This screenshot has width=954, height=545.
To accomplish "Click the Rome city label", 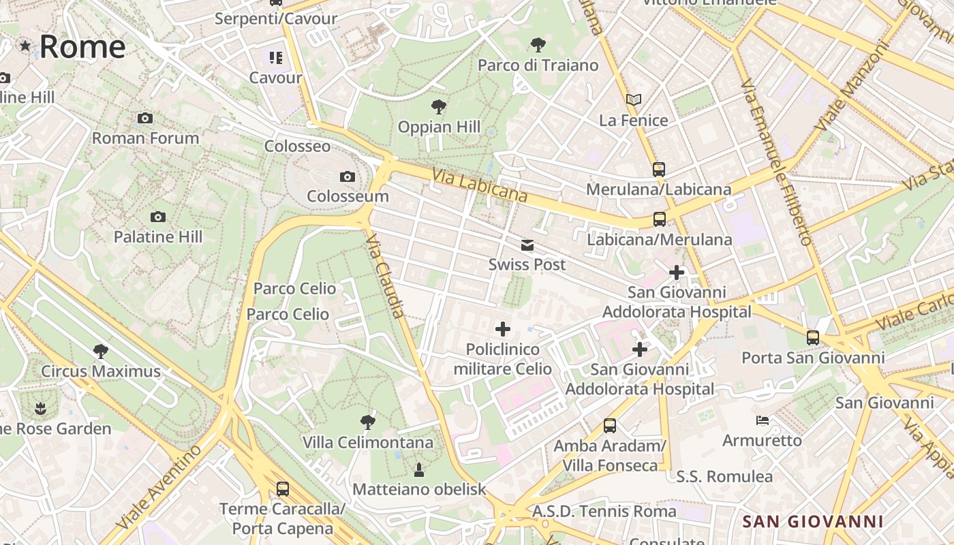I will pyautogui.click(x=82, y=46).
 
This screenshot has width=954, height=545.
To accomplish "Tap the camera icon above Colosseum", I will pyautogui.click(x=348, y=177).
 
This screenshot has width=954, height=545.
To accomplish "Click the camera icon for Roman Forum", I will pyautogui.click(x=144, y=119).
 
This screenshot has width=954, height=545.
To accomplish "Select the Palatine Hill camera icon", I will pyautogui.click(x=158, y=217).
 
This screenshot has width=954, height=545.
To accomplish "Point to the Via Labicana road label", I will pyautogui.click(x=480, y=185).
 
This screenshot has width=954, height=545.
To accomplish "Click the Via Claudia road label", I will pyautogui.click(x=385, y=277).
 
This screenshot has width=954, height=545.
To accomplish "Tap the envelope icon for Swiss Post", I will pyautogui.click(x=527, y=245).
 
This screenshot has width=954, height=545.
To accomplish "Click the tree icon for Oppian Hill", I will pyautogui.click(x=439, y=106).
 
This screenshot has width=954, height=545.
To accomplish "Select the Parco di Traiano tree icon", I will pyautogui.click(x=538, y=45).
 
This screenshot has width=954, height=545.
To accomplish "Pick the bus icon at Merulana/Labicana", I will pyautogui.click(x=658, y=170).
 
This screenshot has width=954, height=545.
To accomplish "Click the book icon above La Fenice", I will pyautogui.click(x=634, y=100).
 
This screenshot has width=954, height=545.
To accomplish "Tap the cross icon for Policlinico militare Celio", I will pyautogui.click(x=503, y=330).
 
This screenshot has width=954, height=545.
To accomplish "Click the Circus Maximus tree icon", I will pyautogui.click(x=101, y=352).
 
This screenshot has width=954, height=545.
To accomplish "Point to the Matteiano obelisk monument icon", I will pyautogui.click(x=419, y=469).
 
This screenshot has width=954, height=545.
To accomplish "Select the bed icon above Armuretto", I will pyautogui.click(x=763, y=420).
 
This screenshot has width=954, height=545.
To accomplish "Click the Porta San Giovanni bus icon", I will pyautogui.click(x=813, y=337).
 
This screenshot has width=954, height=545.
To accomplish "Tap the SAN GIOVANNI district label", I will pyautogui.click(x=812, y=522).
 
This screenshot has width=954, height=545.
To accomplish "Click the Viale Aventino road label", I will pyautogui.click(x=159, y=486).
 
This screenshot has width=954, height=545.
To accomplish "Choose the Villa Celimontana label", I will pyautogui.click(x=368, y=443).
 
